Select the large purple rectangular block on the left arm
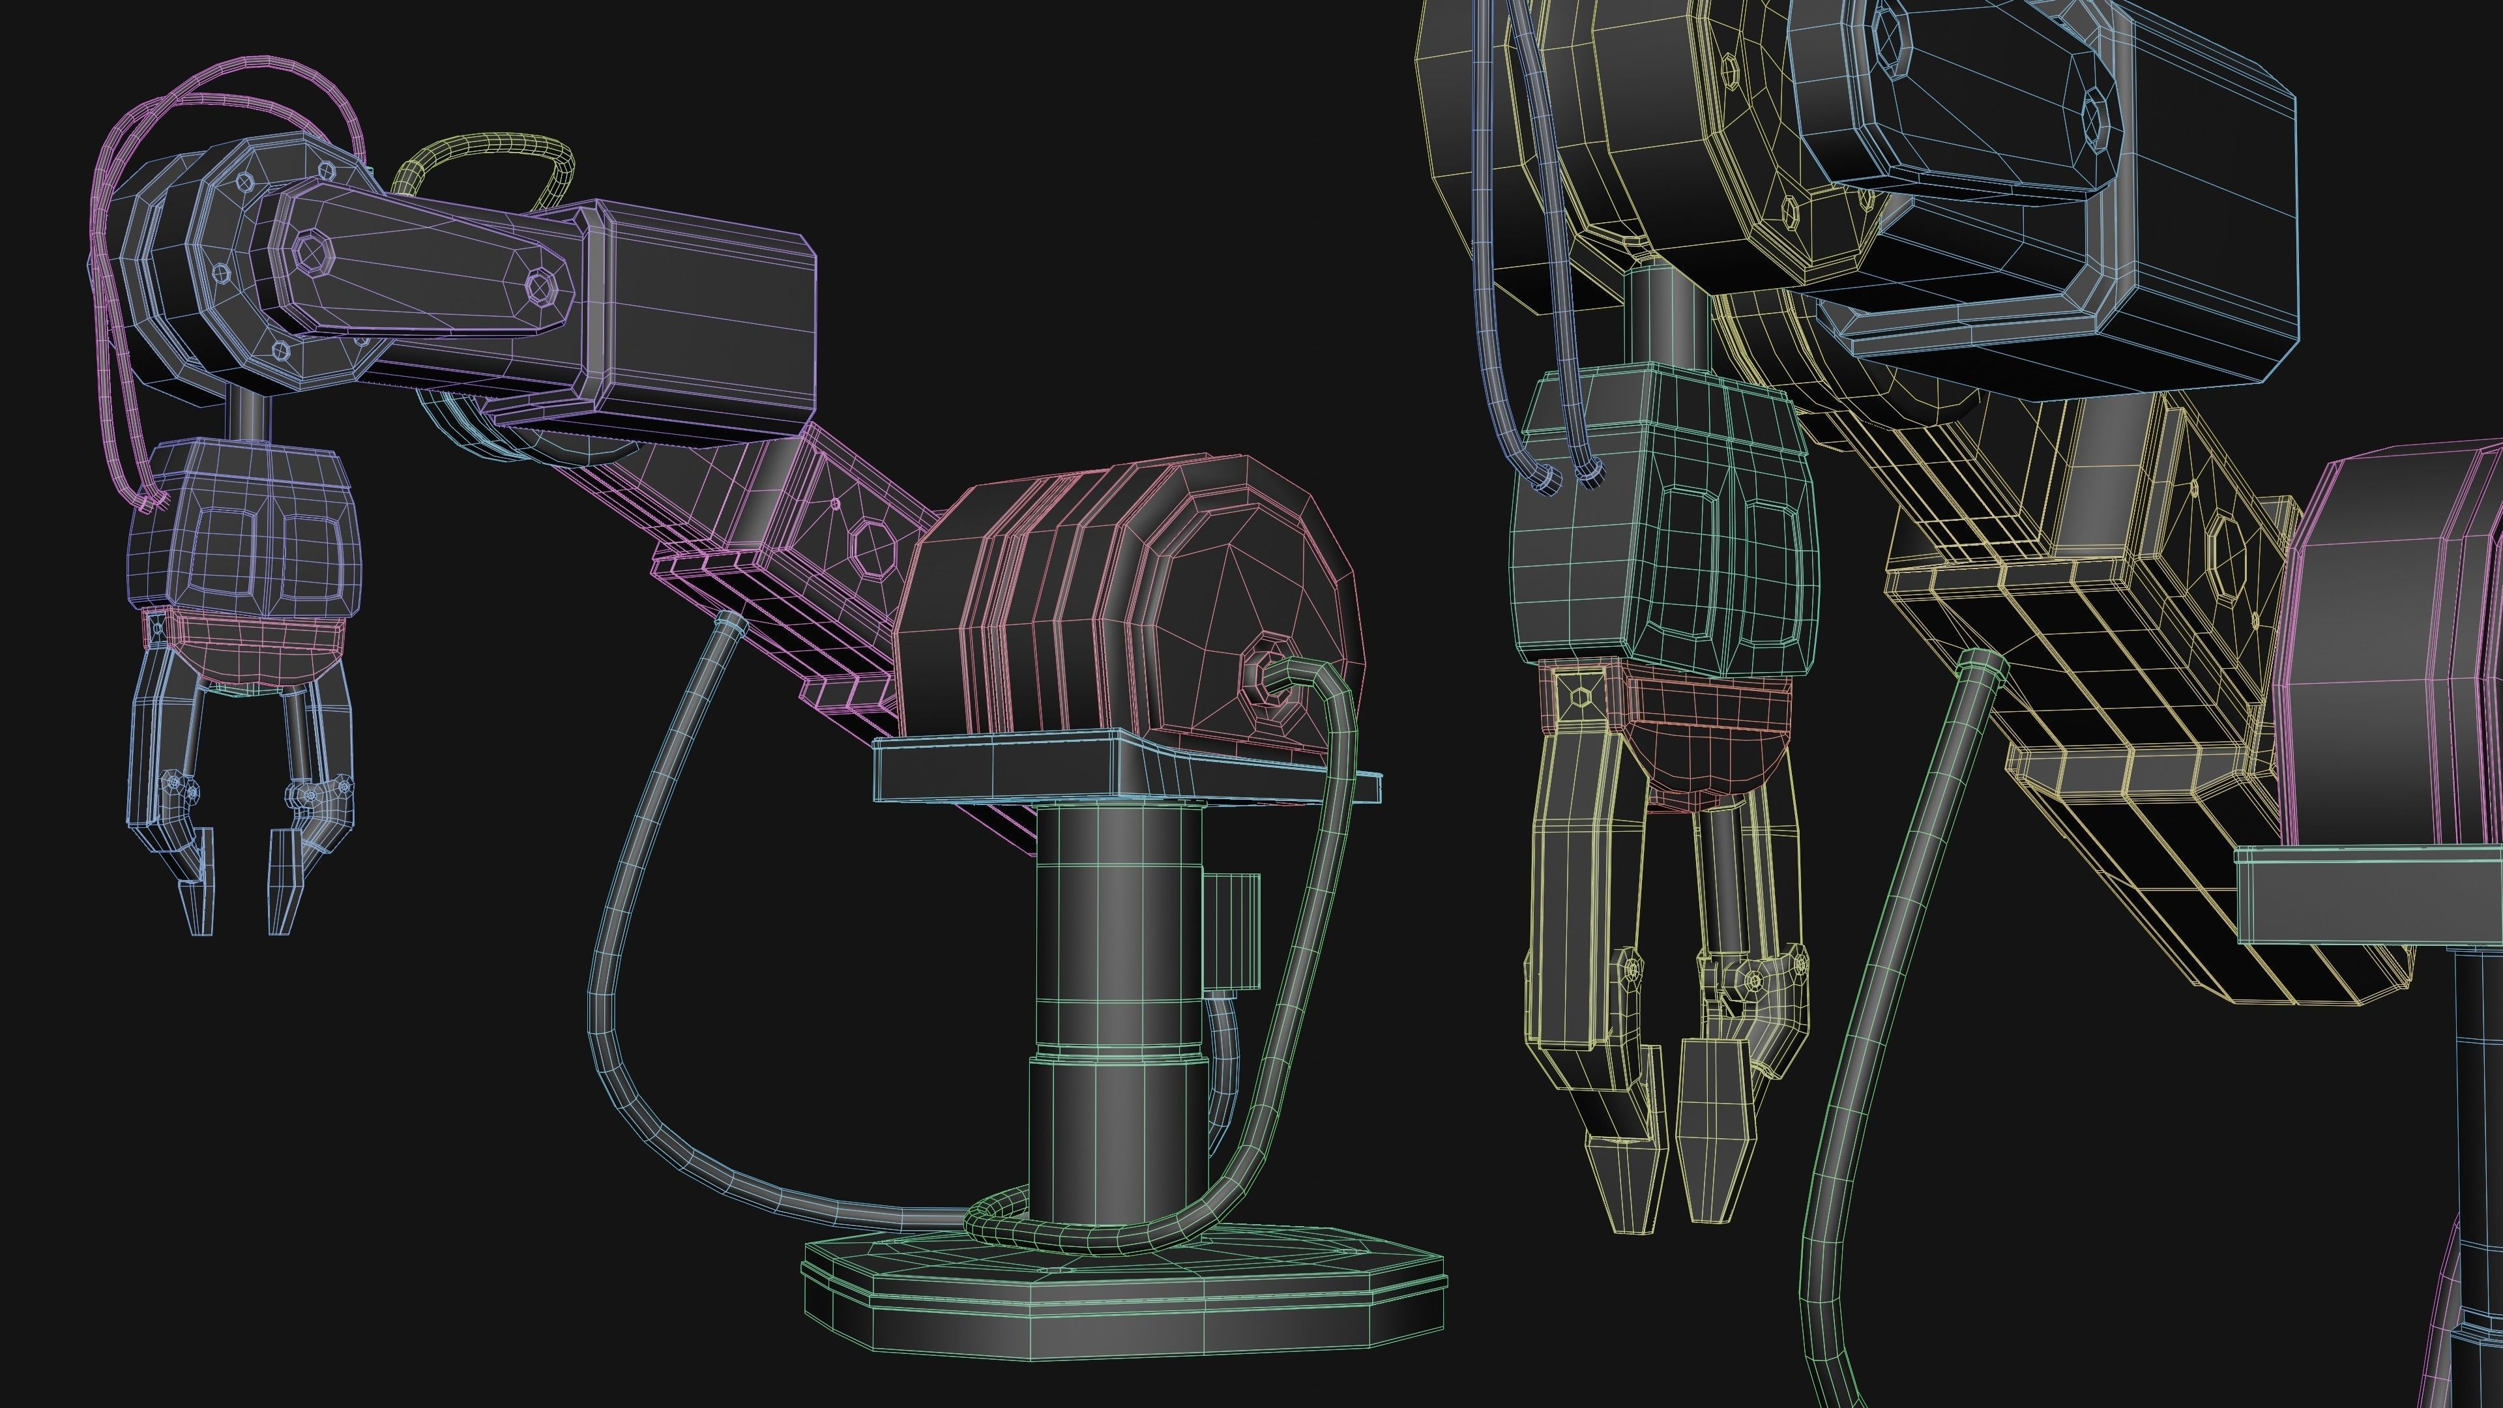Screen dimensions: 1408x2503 coord(699,311)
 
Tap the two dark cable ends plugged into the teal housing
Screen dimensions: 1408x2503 coord(1564,476)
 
